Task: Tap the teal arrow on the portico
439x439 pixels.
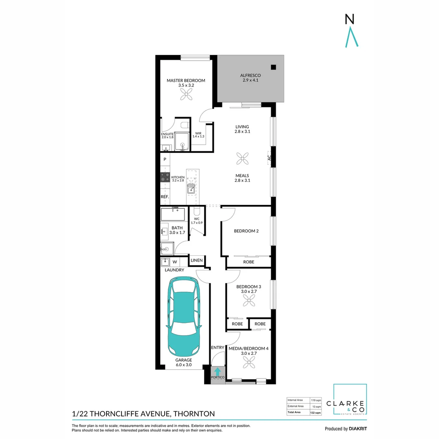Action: click(x=218, y=371)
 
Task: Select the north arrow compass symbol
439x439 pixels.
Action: click(x=350, y=30)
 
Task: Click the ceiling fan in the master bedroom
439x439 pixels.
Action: click(x=186, y=95)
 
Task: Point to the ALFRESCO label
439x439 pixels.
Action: click(x=250, y=76)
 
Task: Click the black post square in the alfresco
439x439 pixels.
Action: click(x=274, y=67)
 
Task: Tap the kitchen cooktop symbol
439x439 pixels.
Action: click(x=165, y=177)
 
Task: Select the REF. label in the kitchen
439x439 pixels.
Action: click(x=165, y=197)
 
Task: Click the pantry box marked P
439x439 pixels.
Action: click(x=165, y=159)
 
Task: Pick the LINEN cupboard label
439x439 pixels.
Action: click(x=197, y=260)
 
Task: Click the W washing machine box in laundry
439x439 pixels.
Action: click(x=175, y=262)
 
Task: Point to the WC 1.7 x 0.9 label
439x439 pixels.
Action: click(x=197, y=221)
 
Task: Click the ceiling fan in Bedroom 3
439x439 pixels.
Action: click(x=248, y=301)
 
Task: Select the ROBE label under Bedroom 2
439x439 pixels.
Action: click(x=248, y=262)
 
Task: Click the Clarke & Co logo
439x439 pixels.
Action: click(x=350, y=400)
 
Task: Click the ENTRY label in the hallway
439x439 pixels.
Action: click(x=217, y=348)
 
